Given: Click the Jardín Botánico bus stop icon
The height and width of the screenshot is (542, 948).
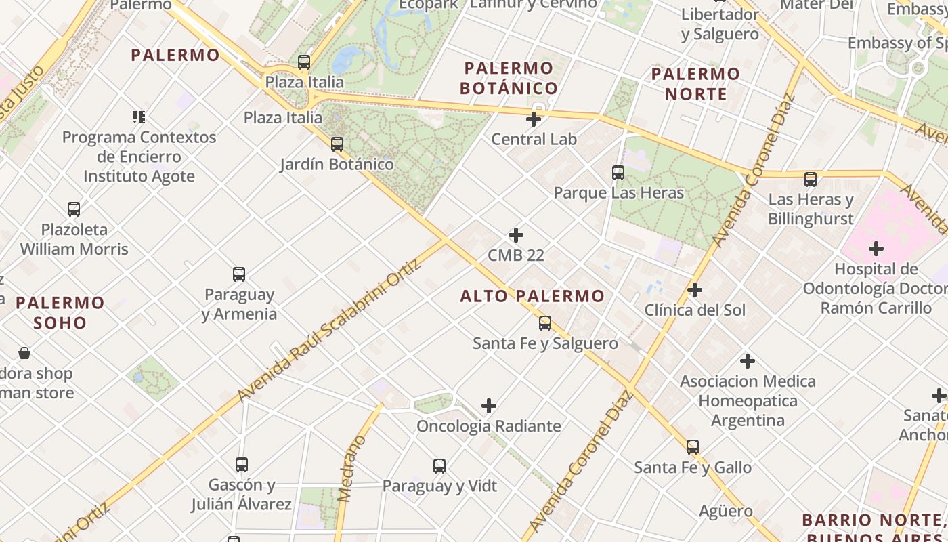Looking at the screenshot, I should pyautogui.click(x=337, y=144).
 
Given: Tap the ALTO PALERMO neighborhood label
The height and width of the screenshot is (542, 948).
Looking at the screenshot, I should pyautogui.click(x=532, y=296).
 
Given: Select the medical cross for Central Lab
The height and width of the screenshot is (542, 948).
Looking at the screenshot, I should pyautogui.click(x=534, y=119).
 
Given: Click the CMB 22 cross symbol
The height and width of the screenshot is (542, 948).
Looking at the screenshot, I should pyautogui.click(x=516, y=235).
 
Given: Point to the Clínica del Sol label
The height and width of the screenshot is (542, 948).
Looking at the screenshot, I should pyautogui.click(x=695, y=310).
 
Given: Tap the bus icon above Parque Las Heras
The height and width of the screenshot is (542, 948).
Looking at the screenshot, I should pyautogui.click(x=618, y=173).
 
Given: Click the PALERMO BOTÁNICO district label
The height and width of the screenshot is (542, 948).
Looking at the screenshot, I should pyautogui.click(x=509, y=78).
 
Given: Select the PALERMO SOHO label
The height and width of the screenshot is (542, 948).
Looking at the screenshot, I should pyautogui.click(x=60, y=312).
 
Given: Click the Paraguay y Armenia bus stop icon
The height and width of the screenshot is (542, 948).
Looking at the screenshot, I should pyautogui.click(x=239, y=274).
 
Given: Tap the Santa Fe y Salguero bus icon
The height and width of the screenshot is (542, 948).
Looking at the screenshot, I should pyautogui.click(x=545, y=323).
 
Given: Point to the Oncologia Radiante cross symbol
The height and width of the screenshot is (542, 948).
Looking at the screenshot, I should pyautogui.click(x=489, y=406).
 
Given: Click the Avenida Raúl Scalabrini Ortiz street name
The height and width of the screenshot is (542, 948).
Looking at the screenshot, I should pyautogui.click(x=330, y=329).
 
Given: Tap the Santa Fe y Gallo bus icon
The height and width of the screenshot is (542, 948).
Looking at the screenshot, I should pyautogui.click(x=692, y=447).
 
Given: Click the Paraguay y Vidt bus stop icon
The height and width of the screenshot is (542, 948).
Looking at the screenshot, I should pyautogui.click(x=439, y=466).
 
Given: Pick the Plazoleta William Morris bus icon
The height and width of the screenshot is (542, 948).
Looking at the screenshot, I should pyautogui.click(x=74, y=209).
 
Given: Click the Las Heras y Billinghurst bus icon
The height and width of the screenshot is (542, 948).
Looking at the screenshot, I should pyautogui.click(x=811, y=180).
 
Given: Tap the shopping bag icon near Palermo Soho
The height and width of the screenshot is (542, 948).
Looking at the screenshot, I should pyautogui.click(x=24, y=353).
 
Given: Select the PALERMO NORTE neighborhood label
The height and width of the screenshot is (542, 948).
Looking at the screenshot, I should pyautogui.click(x=695, y=83).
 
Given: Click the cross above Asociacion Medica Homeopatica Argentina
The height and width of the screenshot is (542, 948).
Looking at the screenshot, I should pyautogui.click(x=748, y=361).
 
